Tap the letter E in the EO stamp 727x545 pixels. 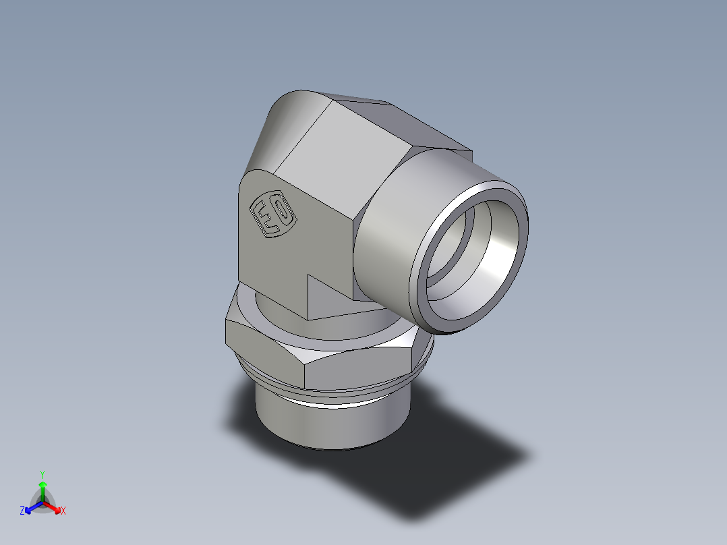point(264,219)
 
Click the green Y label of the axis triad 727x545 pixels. point(42,474)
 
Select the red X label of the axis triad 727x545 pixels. point(63,511)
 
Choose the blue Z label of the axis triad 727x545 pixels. point(22,511)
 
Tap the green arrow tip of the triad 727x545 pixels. point(42,485)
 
